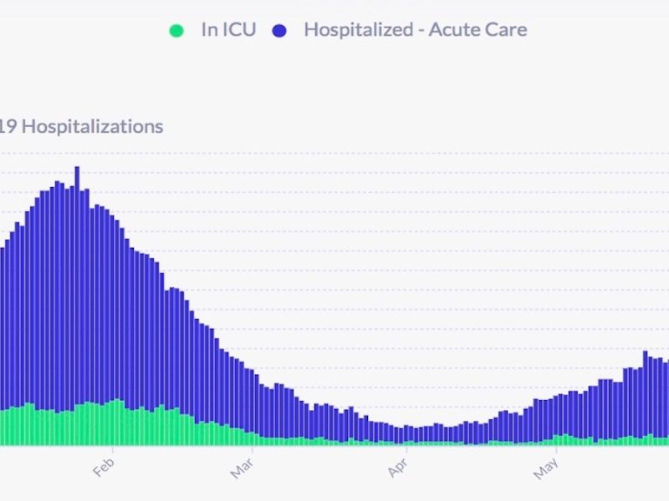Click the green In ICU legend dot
pos(176,30)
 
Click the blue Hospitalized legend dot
pos(279,30)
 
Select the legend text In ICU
pos(228,30)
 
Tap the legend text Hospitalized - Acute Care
pos(415,30)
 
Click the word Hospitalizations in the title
pos(92,127)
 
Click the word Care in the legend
pos(507,30)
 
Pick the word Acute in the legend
pos(455,30)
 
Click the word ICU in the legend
pos(241,30)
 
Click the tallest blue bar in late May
pos(646,392)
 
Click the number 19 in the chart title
pos(8,127)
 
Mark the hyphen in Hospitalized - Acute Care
pos(420,31)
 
